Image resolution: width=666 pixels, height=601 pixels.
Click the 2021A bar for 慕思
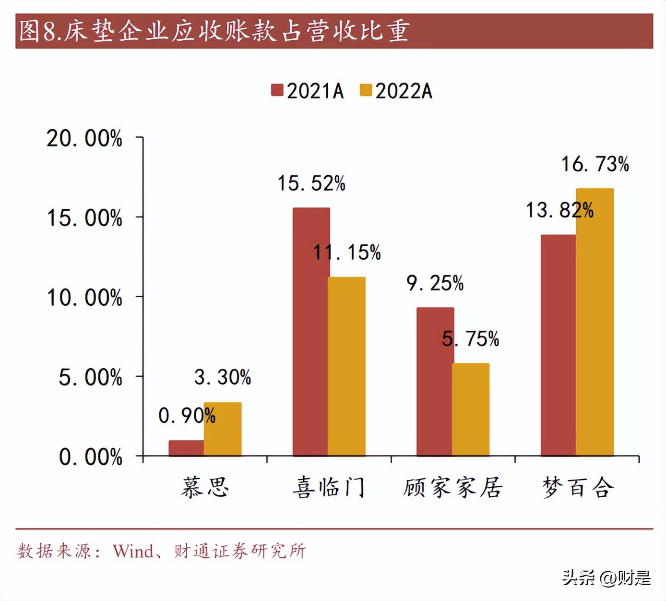coord(186,448)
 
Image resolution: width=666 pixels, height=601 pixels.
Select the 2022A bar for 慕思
coord(223,429)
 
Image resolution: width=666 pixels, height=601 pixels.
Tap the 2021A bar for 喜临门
coord(310,332)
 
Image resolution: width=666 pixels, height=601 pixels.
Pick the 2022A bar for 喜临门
coord(347,366)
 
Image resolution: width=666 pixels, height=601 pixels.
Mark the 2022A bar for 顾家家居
coord(471,409)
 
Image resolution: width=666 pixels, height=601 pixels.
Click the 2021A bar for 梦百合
coord(558,345)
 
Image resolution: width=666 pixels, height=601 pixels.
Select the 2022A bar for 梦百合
coord(595,322)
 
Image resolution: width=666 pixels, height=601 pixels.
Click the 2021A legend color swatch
coord(277,90)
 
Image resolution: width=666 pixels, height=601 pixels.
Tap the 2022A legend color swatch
coord(366,90)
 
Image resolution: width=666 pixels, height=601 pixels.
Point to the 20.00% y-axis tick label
coord(84,139)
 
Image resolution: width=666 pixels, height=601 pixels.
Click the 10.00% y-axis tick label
coord(84,298)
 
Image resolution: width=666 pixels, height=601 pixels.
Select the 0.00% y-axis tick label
coord(91,457)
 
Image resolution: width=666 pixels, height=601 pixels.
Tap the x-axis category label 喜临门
coord(329,487)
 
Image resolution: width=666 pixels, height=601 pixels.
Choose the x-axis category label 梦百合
coord(578,487)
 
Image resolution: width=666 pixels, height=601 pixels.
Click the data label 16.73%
coord(595,164)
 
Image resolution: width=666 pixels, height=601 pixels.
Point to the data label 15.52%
coord(311,183)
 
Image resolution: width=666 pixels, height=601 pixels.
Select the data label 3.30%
coord(223,377)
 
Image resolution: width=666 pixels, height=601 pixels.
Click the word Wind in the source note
coord(133,551)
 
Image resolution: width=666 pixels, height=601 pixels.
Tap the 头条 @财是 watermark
coord(607,577)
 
